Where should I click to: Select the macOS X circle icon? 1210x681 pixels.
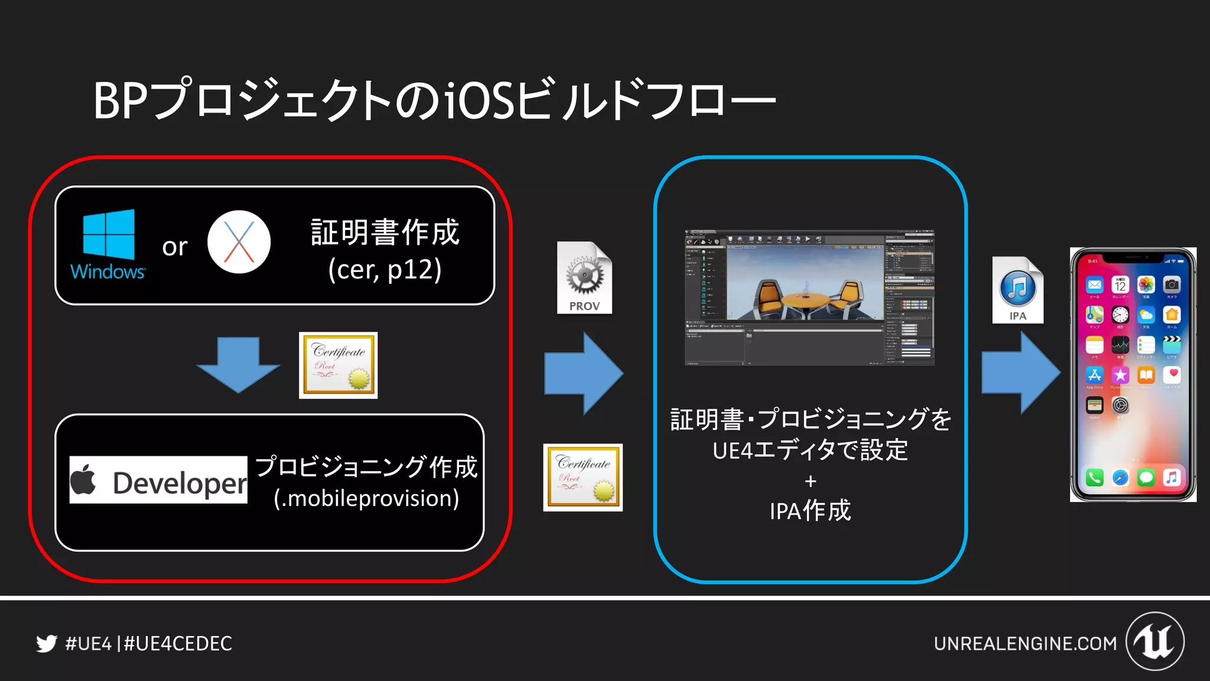[x=239, y=242]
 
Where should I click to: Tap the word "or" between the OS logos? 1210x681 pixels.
[x=175, y=247]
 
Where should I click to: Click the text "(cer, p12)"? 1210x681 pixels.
[x=385, y=270]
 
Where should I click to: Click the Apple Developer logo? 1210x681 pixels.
[x=158, y=480]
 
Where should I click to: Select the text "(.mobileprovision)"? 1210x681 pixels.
[x=366, y=498]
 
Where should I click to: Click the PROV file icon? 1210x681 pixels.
[x=584, y=277]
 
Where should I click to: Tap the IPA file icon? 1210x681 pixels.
[x=1017, y=290]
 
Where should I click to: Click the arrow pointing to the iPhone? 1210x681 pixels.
[x=1020, y=372]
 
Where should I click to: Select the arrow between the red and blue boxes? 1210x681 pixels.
[x=583, y=373]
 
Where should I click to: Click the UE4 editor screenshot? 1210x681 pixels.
[x=809, y=297]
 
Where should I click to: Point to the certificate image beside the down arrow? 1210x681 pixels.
[x=338, y=365]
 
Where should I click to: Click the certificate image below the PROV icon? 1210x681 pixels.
[x=583, y=477]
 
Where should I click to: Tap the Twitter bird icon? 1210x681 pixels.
[x=47, y=643]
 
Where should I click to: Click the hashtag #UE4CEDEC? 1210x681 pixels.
[x=178, y=643]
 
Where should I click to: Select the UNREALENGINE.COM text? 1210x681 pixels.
[x=1025, y=643]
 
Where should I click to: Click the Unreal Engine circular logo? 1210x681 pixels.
[x=1154, y=641]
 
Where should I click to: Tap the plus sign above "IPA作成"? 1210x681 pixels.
[x=810, y=482]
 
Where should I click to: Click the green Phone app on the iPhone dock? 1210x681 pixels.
[x=1094, y=477]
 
